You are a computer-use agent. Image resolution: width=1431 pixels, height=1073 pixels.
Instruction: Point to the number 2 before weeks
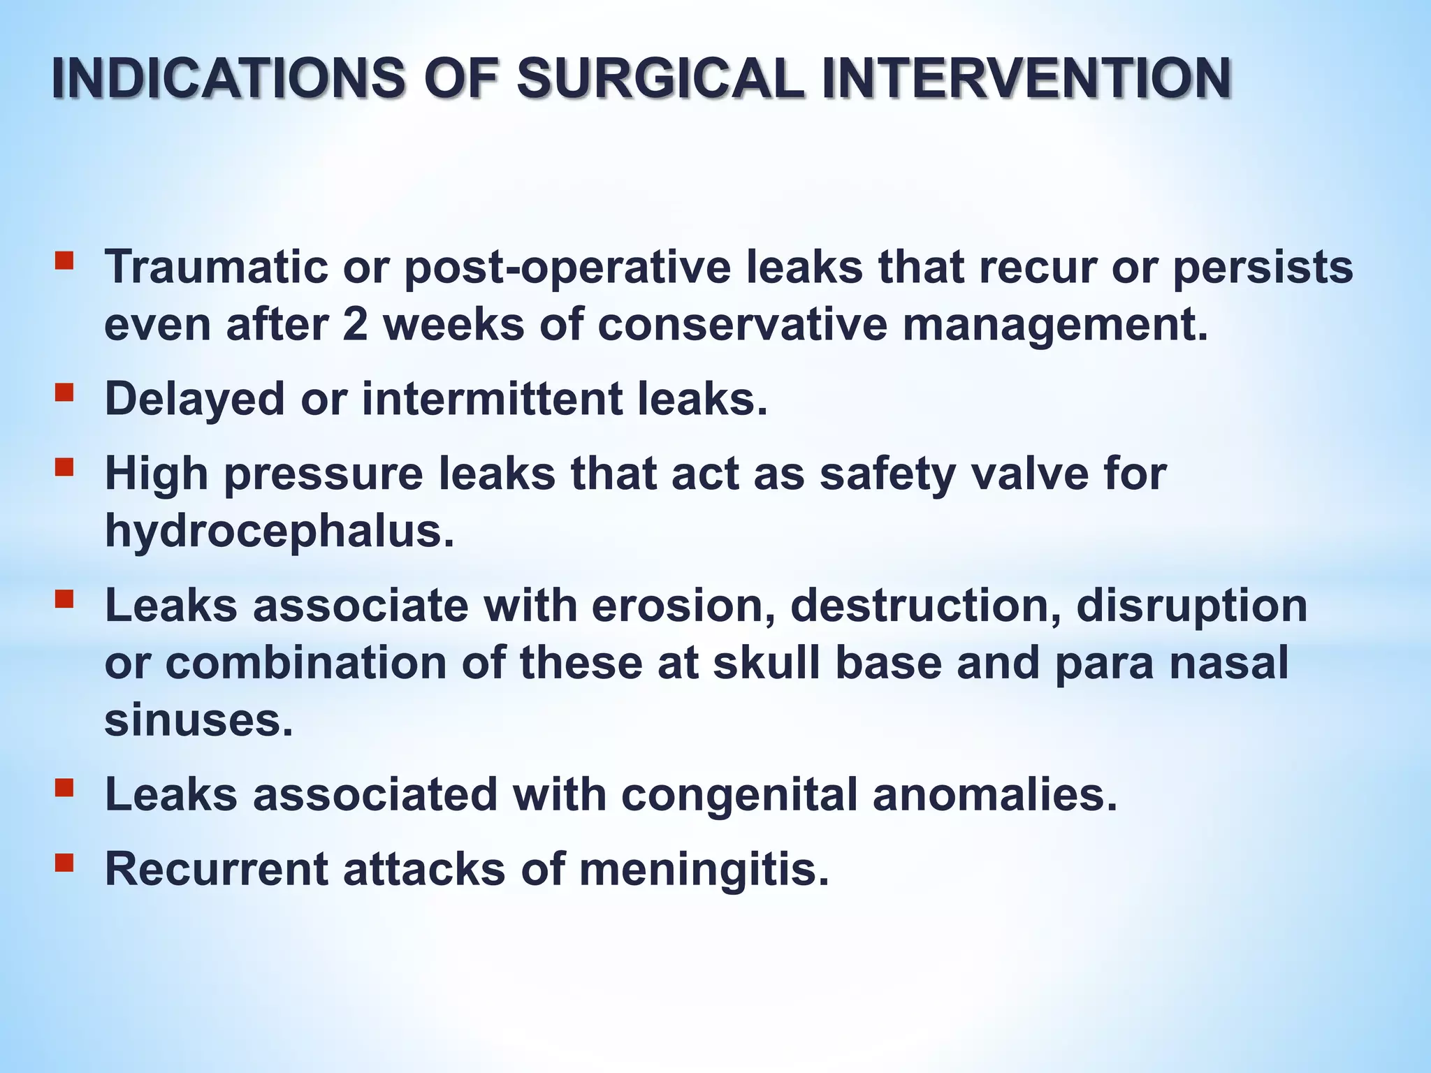[x=355, y=325]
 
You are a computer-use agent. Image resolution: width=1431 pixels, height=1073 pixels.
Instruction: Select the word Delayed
[x=195, y=399]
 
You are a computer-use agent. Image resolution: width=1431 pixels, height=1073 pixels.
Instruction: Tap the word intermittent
[x=491, y=399]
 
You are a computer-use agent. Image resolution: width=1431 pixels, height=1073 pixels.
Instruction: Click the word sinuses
[x=198, y=720]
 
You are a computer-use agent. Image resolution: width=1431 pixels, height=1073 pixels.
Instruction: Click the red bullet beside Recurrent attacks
[x=64, y=863]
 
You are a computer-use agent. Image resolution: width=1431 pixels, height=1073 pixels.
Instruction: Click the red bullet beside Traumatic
[x=64, y=261]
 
